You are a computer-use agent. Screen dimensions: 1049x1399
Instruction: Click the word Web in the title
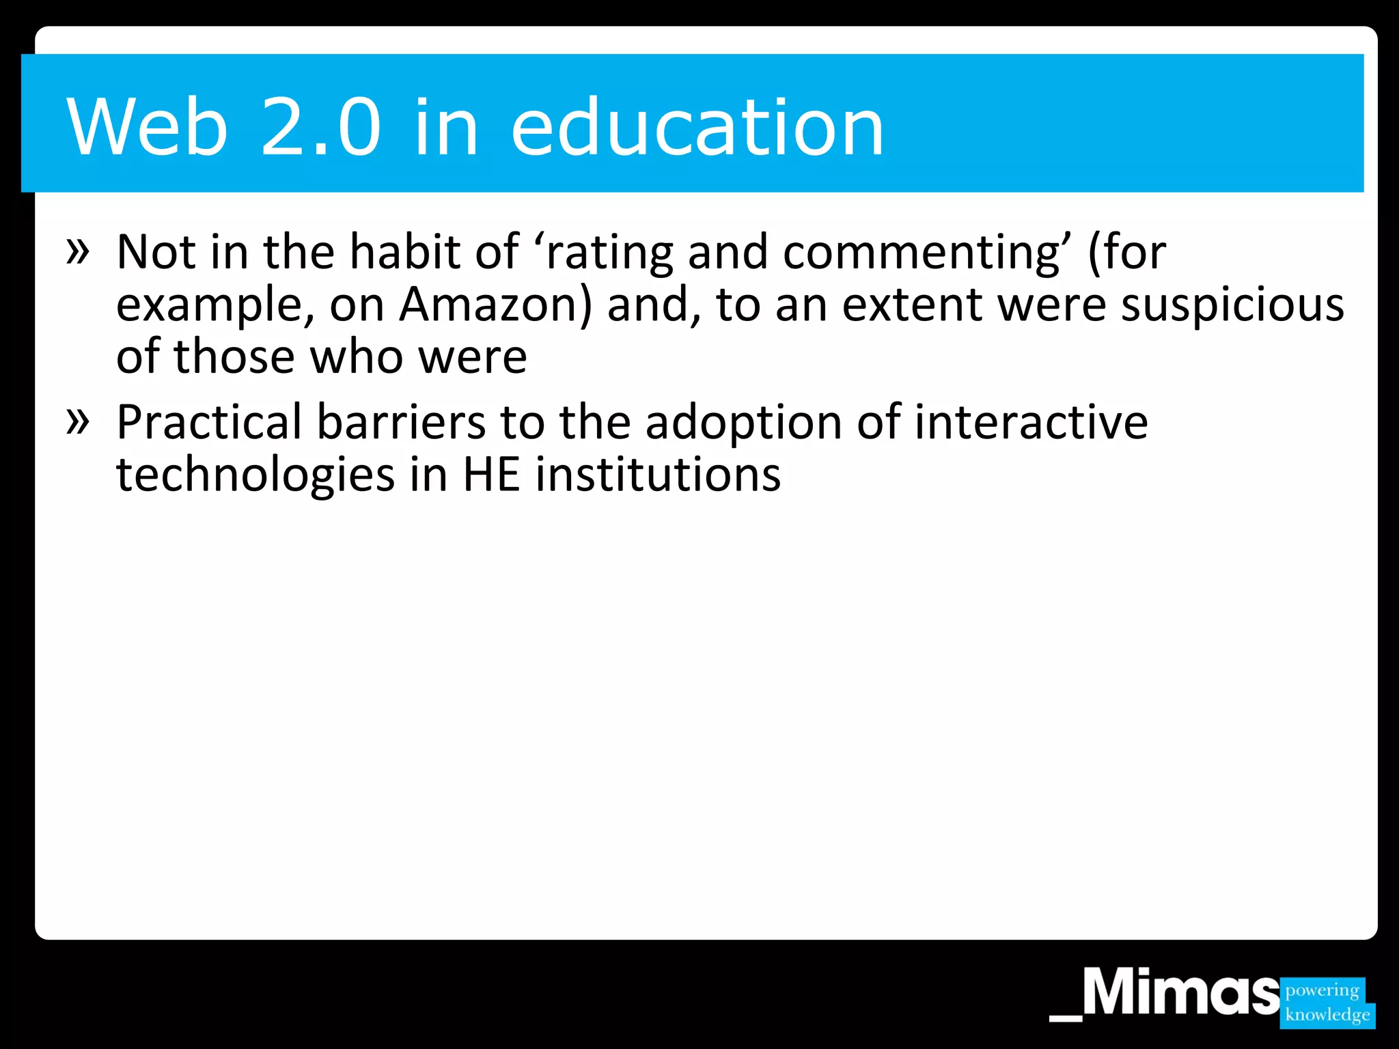pyautogui.click(x=147, y=127)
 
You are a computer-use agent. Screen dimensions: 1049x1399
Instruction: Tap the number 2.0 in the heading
pyautogui.click(x=320, y=127)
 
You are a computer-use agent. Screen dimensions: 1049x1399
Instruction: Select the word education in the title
pyautogui.click(x=697, y=127)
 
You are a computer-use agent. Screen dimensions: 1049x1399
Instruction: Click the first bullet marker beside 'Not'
pyautogui.click(x=78, y=251)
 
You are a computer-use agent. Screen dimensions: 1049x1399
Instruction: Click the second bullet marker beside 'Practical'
pyautogui.click(x=78, y=421)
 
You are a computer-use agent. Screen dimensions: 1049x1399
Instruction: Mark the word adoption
pyautogui.click(x=744, y=423)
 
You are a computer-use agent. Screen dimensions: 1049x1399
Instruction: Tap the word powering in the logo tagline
pyautogui.click(x=1322, y=990)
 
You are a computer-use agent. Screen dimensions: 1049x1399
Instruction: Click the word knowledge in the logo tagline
pyautogui.click(x=1327, y=1015)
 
